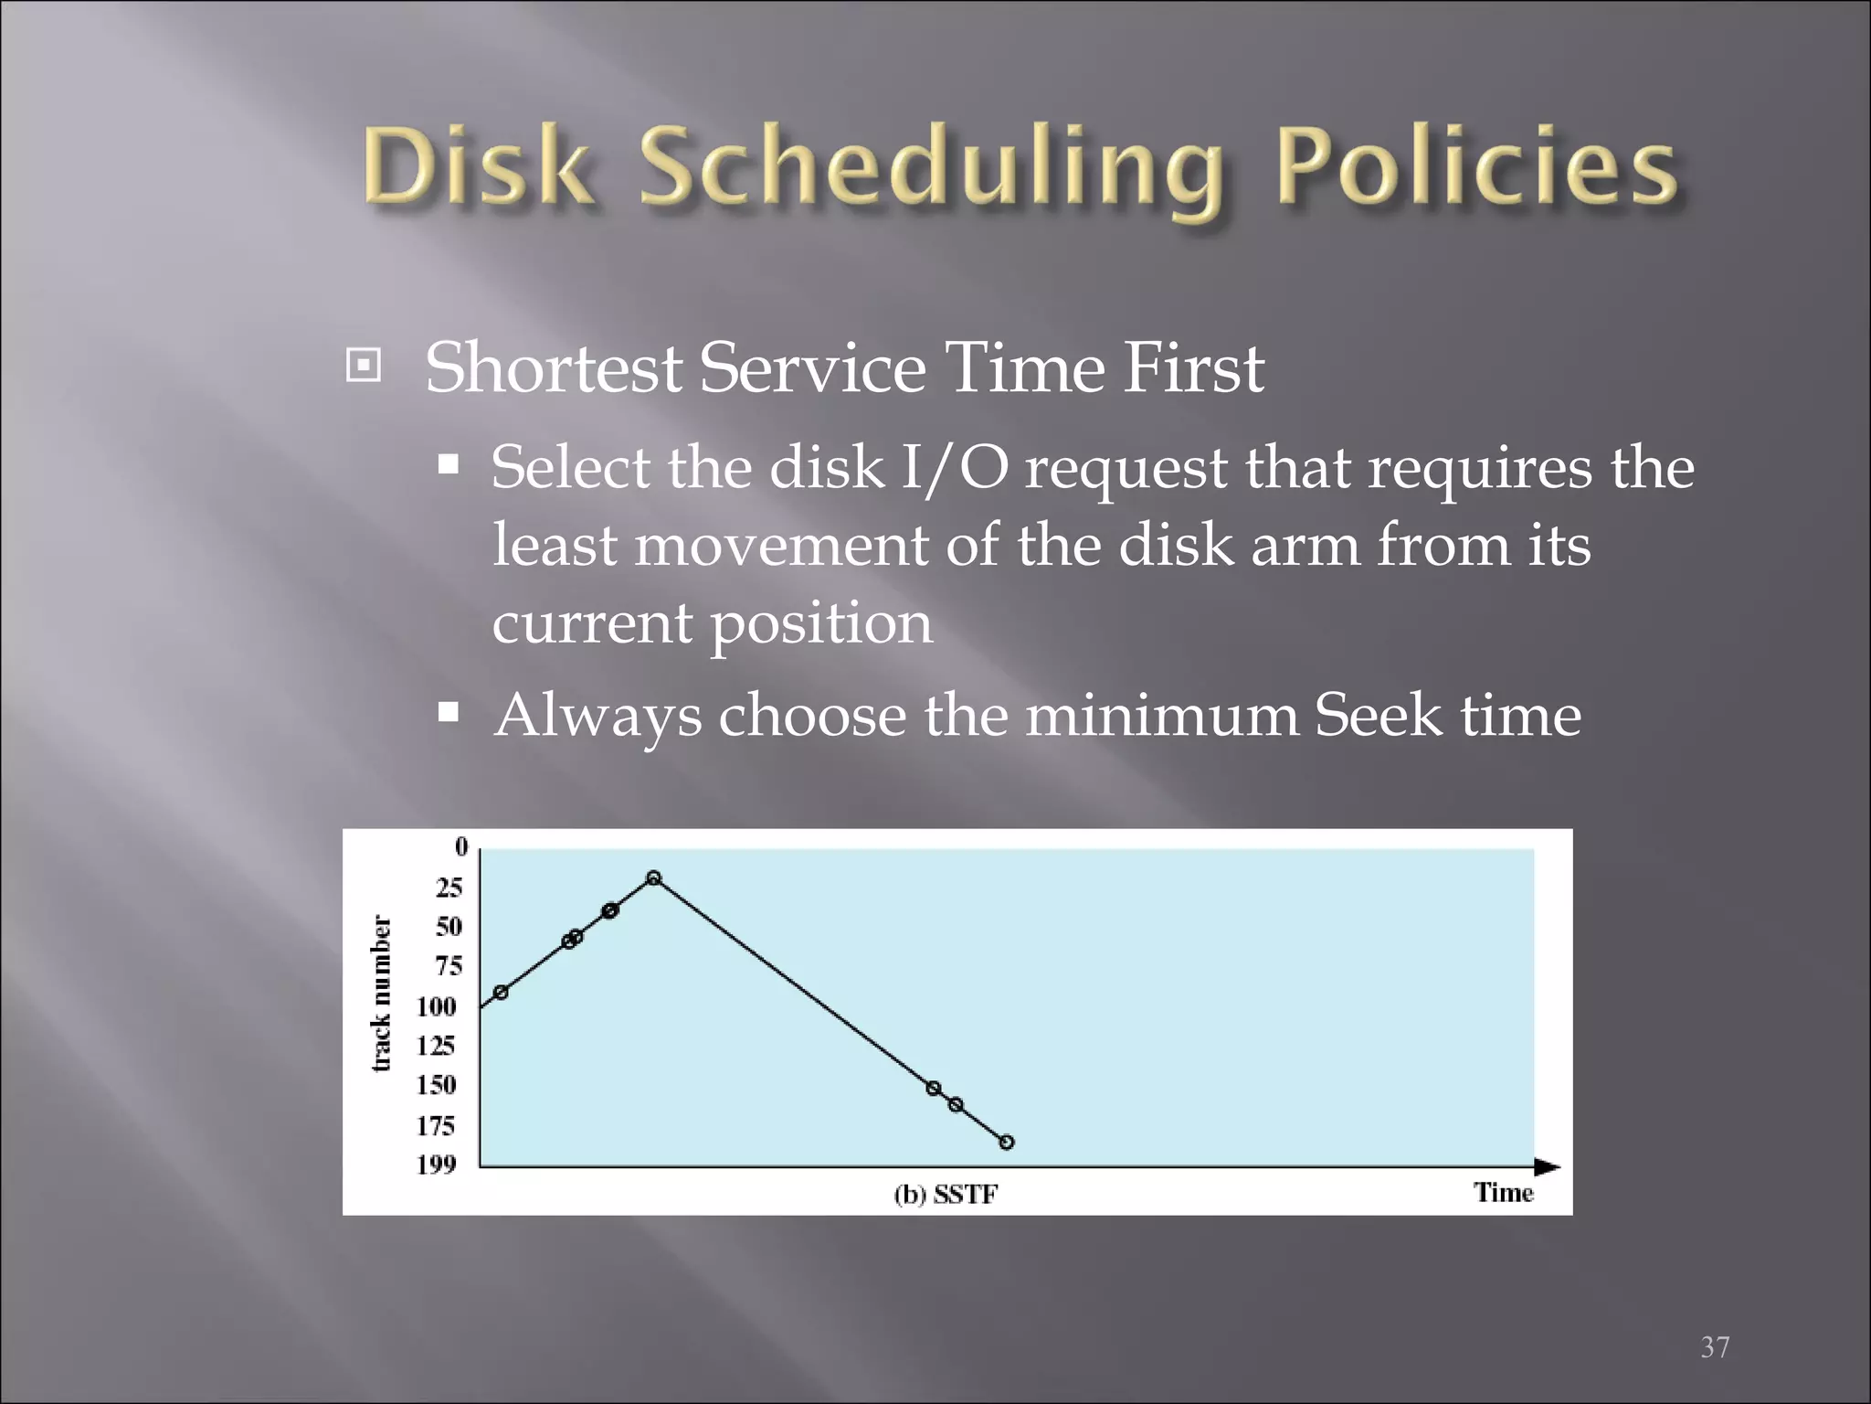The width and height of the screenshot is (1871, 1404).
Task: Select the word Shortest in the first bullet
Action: pos(553,368)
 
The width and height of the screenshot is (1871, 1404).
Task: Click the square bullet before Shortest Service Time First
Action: pos(364,367)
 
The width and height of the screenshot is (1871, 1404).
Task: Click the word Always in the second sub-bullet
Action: pos(597,716)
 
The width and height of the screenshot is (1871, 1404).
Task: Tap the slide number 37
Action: pos(1714,1347)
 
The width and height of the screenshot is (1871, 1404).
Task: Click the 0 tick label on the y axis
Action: pos(461,847)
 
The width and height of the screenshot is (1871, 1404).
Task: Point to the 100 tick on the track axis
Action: pos(436,1006)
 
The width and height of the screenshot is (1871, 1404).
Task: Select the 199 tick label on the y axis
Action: pos(436,1165)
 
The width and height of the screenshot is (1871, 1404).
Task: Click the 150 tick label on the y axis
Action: pos(436,1085)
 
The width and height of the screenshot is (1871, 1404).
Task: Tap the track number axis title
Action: pos(382,994)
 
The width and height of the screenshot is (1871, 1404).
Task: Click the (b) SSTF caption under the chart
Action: pos(945,1195)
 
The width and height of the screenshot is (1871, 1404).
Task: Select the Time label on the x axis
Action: pos(1503,1193)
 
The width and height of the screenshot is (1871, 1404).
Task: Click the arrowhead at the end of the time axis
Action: pos(1548,1167)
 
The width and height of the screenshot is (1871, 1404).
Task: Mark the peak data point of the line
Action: pos(653,878)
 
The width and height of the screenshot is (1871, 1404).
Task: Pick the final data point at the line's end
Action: pos(1006,1143)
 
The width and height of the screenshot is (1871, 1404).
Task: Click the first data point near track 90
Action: pos(501,993)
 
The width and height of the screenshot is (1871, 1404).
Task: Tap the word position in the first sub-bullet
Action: pos(821,624)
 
